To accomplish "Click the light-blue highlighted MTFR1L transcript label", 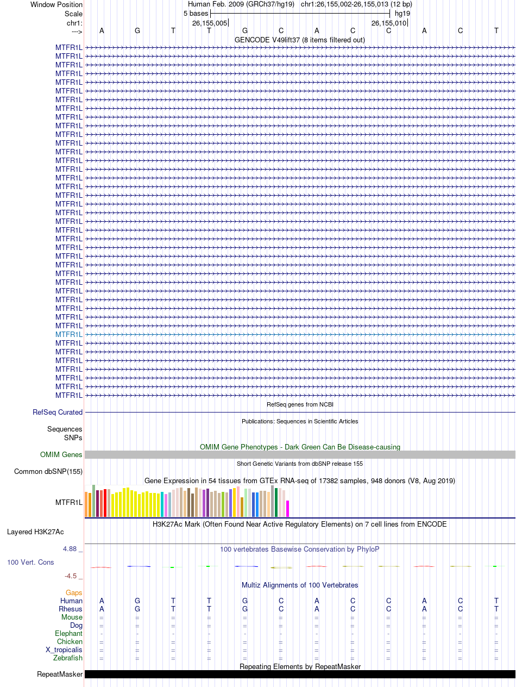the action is [x=69, y=334].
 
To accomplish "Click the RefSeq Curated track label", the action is [x=58, y=412].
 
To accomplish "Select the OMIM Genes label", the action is [x=61, y=454].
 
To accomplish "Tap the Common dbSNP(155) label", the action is [x=48, y=471].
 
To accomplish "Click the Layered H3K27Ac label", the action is [x=35, y=532].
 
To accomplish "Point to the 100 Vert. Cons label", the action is [x=30, y=562].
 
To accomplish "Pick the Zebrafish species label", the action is [x=68, y=658].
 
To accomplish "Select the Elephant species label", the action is [x=68, y=634].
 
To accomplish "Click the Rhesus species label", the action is [x=71, y=609].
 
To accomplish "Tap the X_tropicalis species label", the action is [x=64, y=649].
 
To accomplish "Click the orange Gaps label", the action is [x=74, y=592].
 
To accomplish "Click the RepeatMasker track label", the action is [x=60, y=674].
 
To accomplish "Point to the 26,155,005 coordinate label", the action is [x=210, y=23].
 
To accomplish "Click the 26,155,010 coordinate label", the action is [x=389, y=23].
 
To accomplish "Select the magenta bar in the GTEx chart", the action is [x=288, y=509].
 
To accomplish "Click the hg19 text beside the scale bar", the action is [x=402, y=14].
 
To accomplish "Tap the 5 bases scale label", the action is [x=196, y=14].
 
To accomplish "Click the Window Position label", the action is [x=56, y=4].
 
